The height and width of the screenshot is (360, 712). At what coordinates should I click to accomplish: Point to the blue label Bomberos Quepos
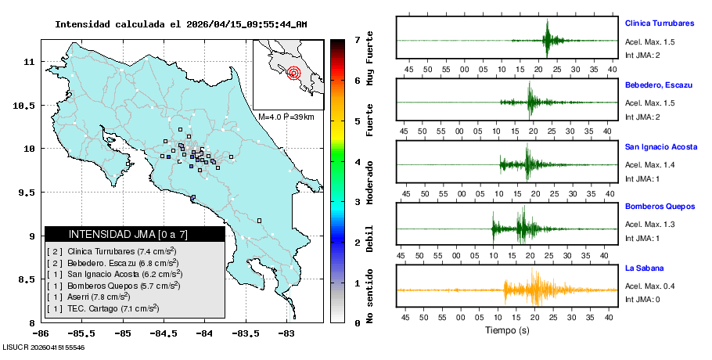[660, 207]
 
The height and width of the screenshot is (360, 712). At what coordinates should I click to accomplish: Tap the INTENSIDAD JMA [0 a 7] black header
[135, 234]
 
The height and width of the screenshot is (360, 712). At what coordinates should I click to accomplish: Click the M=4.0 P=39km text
[286, 117]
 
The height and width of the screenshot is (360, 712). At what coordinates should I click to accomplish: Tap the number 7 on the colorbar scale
[358, 39]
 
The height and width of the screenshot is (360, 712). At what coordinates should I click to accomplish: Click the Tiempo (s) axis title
[507, 330]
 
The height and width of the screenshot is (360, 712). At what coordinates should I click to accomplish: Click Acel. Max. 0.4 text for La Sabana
[649, 286]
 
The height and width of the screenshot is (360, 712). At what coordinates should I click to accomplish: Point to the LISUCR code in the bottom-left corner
[44, 346]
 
